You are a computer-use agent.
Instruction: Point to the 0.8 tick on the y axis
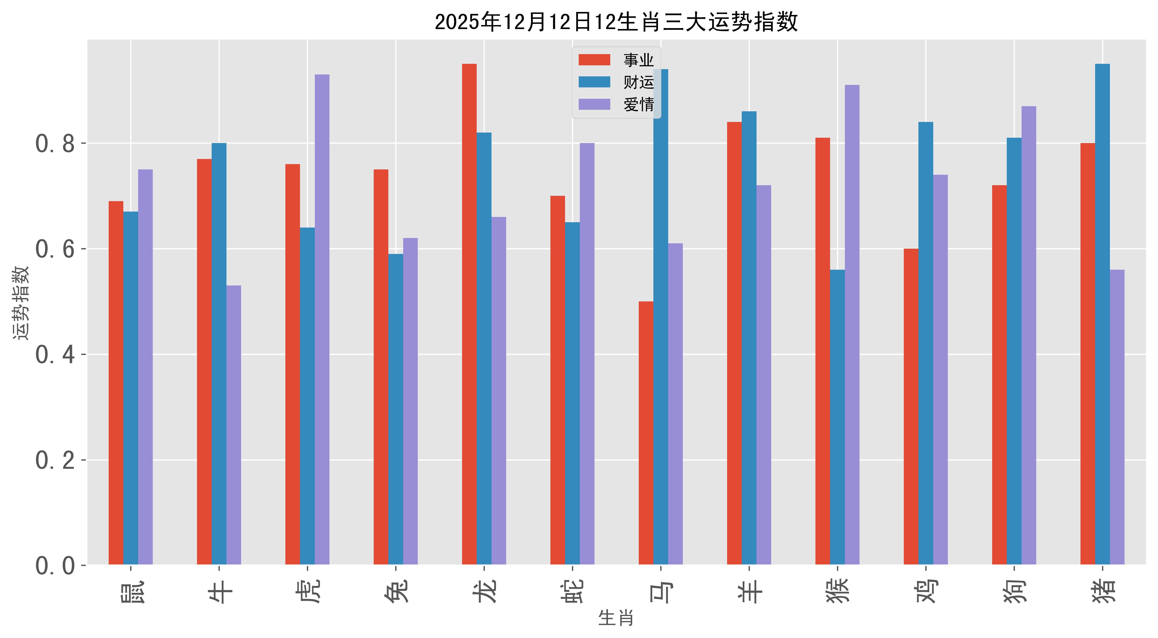tap(55, 144)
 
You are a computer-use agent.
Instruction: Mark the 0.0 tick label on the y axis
tap(55, 566)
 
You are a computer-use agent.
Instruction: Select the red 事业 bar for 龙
tap(469, 315)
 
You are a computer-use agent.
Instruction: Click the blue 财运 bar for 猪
tap(1102, 315)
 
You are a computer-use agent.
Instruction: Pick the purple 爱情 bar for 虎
tap(322, 319)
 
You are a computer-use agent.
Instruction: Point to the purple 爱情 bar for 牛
tap(234, 425)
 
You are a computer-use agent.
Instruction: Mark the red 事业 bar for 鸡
tap(911, 407)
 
